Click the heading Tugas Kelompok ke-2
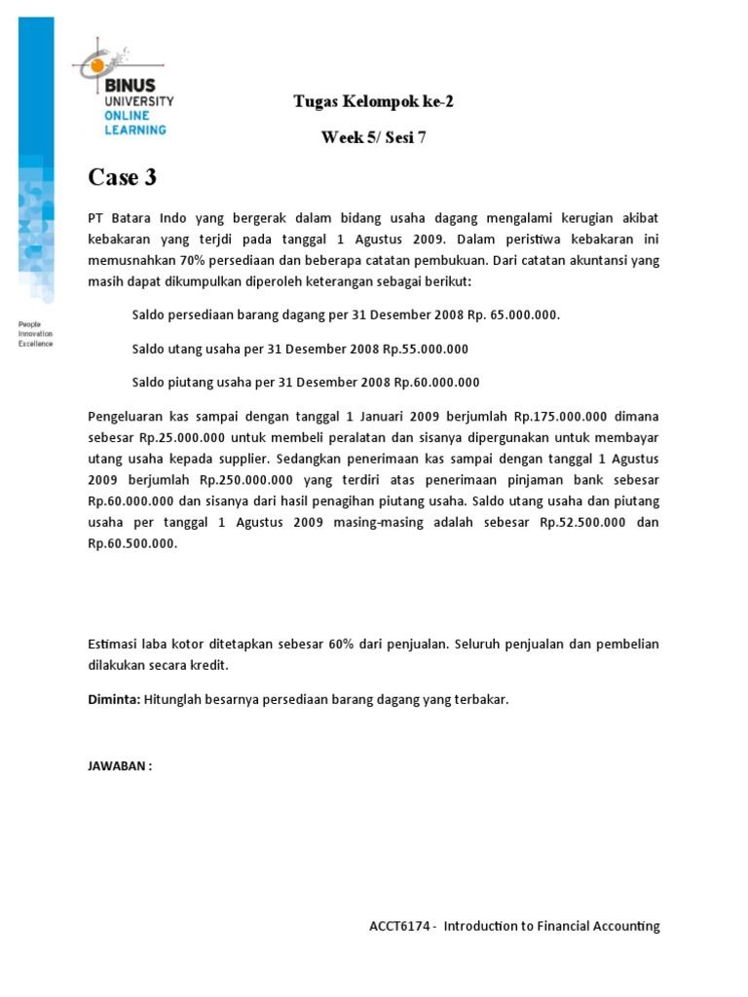373,101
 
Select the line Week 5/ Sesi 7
373,137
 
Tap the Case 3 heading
122,177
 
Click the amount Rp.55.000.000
426,349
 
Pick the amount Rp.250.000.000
246,480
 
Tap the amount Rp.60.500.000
132,544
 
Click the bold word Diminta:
114,700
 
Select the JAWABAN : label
120,766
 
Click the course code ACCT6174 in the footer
394,927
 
